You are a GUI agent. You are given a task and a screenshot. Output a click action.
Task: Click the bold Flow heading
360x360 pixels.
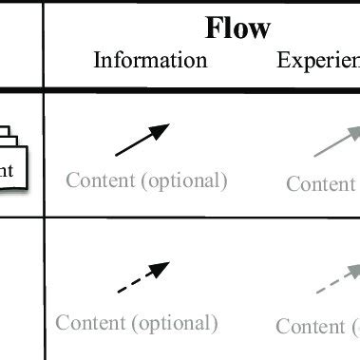point(237,28)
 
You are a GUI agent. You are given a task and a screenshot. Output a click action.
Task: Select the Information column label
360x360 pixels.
point(150,61)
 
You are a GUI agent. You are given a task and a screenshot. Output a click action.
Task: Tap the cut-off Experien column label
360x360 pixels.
point(317,61)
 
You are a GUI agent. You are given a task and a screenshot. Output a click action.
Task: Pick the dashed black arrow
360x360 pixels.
point(142,277)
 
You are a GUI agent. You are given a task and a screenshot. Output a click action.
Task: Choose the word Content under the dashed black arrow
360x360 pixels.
point(91,323)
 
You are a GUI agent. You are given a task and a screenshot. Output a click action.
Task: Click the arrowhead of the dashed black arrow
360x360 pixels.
point(162,267)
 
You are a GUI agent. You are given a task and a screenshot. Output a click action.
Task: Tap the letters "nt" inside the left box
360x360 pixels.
point(7,171)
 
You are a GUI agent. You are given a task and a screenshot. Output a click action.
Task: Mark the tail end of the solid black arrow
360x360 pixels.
point(117,154)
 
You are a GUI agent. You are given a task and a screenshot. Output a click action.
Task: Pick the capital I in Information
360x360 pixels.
point(97,61)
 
